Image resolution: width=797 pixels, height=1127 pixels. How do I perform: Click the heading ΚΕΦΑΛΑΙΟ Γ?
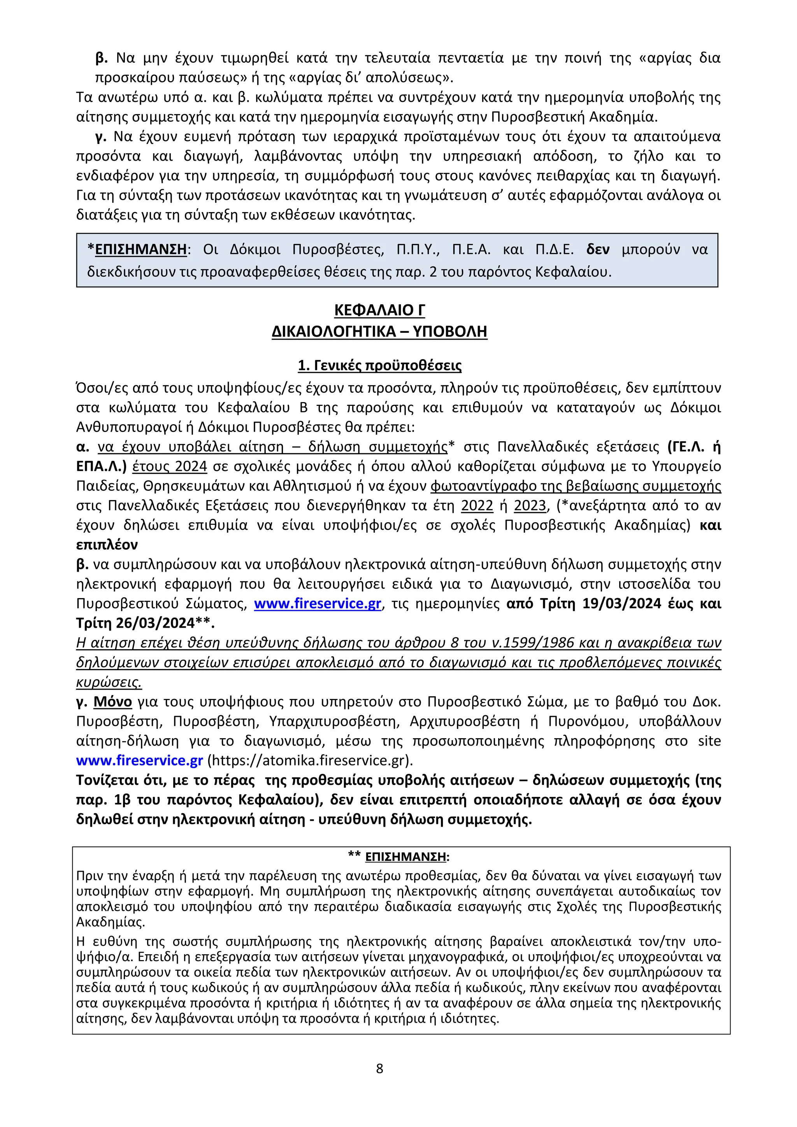(x=379, y=310)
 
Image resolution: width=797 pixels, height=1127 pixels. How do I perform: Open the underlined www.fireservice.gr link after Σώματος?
(x=318, y=603)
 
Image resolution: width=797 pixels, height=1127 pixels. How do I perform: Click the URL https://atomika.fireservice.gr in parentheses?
(x=309, y=760)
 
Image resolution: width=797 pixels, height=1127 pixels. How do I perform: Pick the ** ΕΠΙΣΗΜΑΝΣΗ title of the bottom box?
(x=398, y=857)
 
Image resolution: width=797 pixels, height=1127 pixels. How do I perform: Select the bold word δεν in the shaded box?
(x=598, y=249)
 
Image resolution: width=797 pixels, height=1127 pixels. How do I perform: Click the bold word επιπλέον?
(x=107, y=544)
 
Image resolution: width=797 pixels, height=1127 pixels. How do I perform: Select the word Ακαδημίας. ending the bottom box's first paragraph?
(x=111, y=922)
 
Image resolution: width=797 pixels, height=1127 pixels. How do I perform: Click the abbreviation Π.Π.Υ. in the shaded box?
(x=418, y=249)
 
